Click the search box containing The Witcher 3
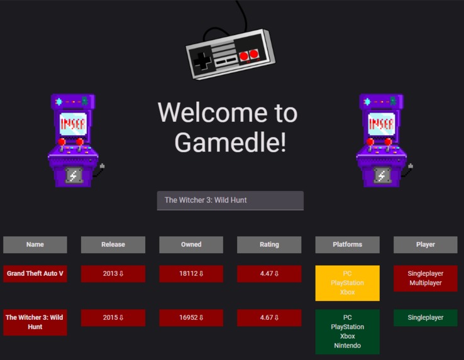click(x=230, y=200)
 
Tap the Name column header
click(x=35, y=244)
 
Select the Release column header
click(x=113, y=244)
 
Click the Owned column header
click(x=191, y=244)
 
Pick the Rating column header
click(x=269, y=244)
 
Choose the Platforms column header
click(x=347, y=244)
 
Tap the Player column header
click(x=425, y=244)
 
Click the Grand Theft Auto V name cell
click(x=35, y=274)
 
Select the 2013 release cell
click(x=113, y=274)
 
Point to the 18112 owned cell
click(x=191, y=274)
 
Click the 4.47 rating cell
click(x=269, y=274)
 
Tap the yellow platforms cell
click(x=347, y=283)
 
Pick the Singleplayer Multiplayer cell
click(x=425, y=278)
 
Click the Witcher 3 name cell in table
click(x=35, y=322)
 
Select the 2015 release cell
click(x=113, y=318)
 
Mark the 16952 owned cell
click(x=191, y=318)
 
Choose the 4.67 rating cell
click(x=269, y=318)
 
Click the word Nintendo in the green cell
click(x=347, y=346)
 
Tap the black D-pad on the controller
click(x=202, y=61)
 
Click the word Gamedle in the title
click(x=230, y=143)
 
